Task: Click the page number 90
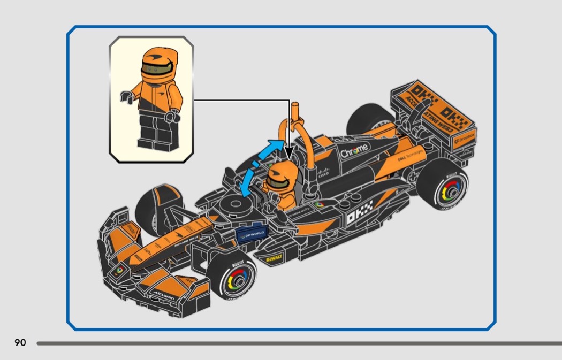20,342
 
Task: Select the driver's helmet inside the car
279,177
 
